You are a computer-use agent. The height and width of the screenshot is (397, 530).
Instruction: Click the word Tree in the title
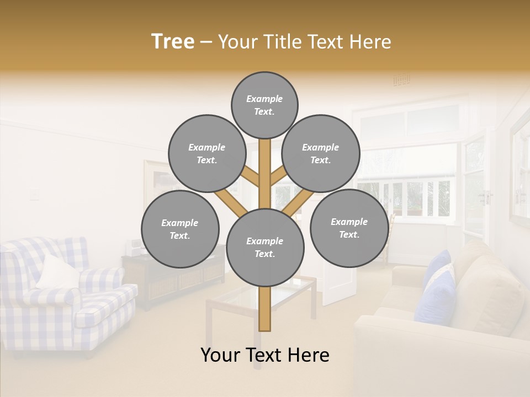tap(173, 42)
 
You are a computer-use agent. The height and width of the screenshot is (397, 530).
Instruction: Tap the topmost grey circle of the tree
tap(264, 105)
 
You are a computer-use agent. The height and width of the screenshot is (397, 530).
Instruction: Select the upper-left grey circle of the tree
tap(207, 153)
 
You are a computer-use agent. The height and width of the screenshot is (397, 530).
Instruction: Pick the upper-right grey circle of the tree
tap(321, 153)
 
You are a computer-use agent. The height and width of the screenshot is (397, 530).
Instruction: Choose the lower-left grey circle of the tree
tap(180, 229)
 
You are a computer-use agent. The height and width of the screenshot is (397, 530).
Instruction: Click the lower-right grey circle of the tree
tap(349, 228)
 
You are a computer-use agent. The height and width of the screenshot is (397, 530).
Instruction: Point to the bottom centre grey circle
tap(265, 247)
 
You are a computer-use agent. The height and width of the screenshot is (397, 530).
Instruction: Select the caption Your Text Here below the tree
tap(265, 355)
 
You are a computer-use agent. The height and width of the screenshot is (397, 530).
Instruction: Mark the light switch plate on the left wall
tap(34, 194)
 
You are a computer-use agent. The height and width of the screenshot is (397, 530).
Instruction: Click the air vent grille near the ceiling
tap(401, 80)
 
